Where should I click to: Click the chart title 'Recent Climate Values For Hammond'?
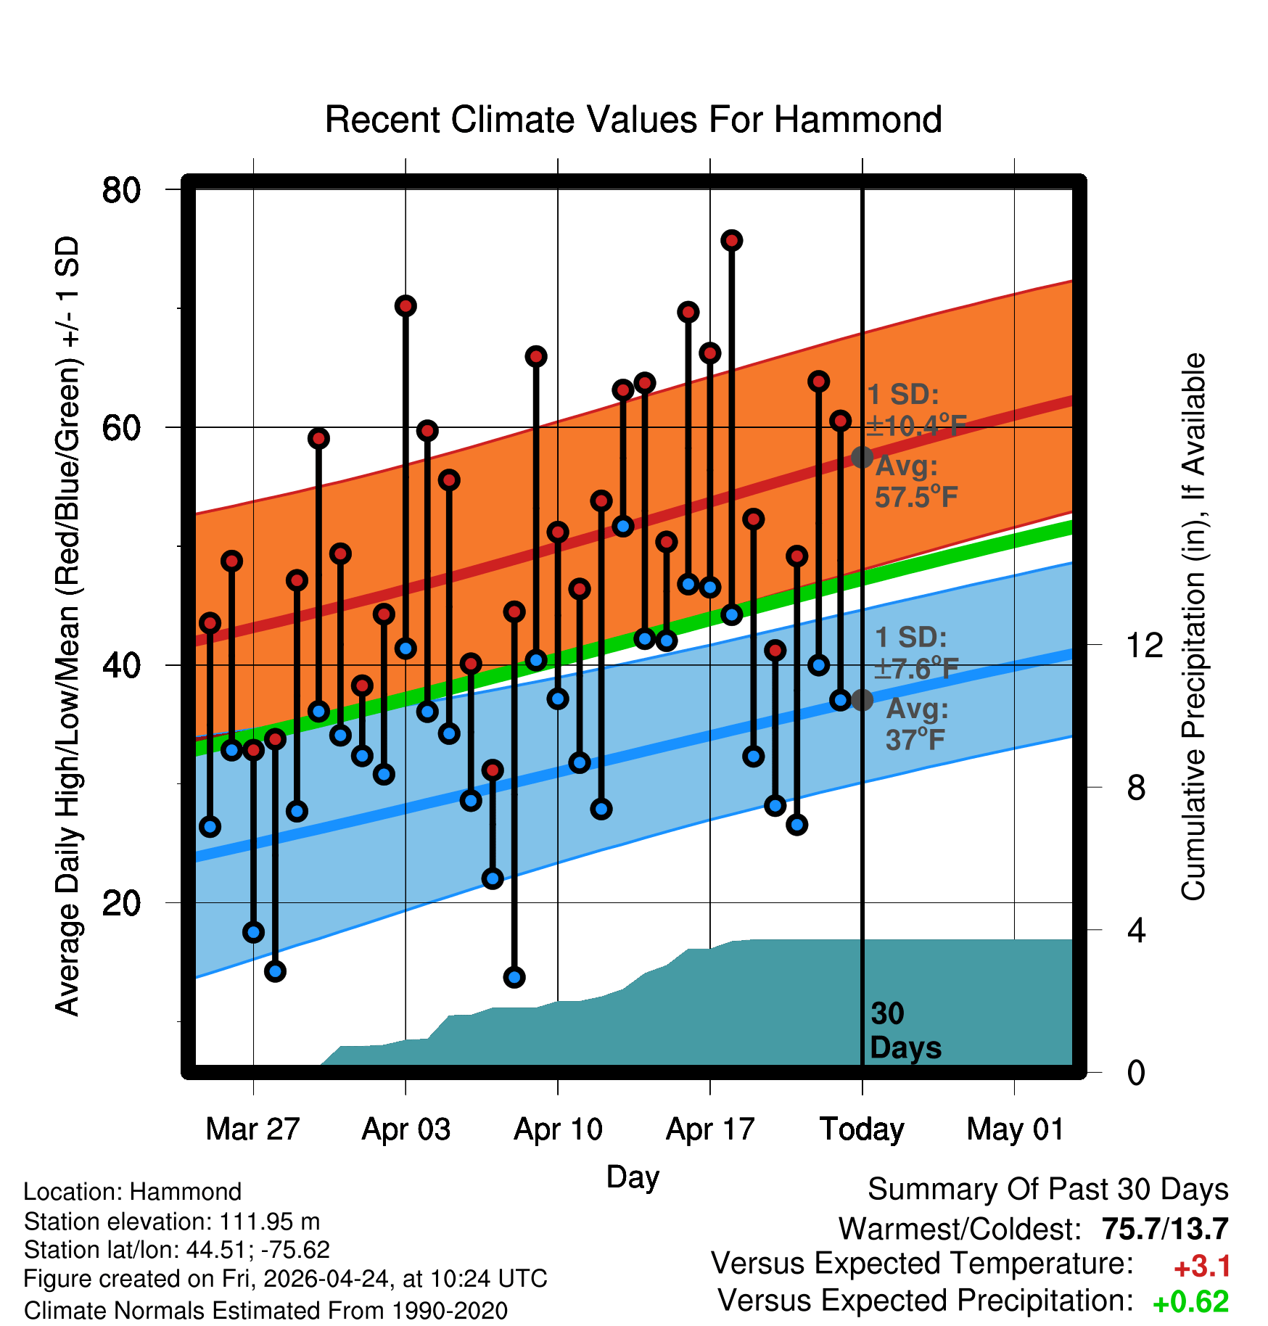tap(633, 120)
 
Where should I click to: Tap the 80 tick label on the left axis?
tap(121, 191)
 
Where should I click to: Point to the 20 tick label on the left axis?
tap(121, 903)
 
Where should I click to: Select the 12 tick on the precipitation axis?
tap(1145, 645)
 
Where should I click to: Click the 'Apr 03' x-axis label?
tap(406, 1129)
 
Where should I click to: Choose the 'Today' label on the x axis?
tap(862, 1129)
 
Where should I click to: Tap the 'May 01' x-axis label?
tap(1015, 1129)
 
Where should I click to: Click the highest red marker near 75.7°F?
tap(732, 240)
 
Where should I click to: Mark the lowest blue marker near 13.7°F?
tap(514, 977)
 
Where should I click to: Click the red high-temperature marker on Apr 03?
tap(405, 305)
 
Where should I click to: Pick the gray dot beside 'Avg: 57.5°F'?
tap(862, 457)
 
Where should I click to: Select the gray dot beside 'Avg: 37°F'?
tap(862, 700)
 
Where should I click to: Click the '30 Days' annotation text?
tap(905, 1031)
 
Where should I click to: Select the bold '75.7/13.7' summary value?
tap(1165, 1229)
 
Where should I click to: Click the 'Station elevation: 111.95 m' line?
tap(172, 1222)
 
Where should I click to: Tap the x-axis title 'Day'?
tap(633, 1177)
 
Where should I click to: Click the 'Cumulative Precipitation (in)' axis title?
tap(1193, 627)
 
